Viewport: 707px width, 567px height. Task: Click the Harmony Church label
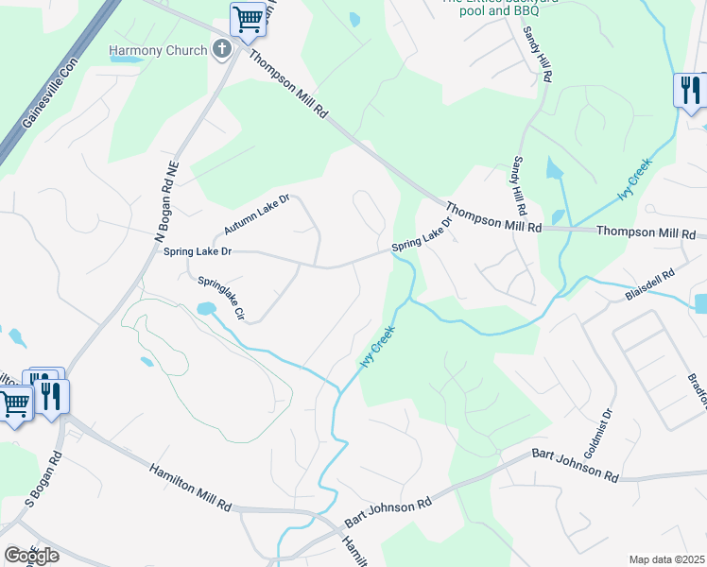[157, 50]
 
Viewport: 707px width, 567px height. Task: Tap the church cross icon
[222, 49]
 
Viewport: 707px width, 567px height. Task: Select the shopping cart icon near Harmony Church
[248, 18]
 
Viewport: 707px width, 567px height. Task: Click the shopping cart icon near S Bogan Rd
[14, 404]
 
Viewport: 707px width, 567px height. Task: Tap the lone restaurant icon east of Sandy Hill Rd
[689, 91]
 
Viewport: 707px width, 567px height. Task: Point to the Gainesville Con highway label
[48, 94]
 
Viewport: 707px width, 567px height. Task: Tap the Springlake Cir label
[221, 298]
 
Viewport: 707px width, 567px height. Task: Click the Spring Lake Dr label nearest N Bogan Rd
[198, 251]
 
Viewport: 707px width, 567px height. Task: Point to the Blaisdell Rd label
[650, 286]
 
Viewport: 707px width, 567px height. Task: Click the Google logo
[31, 556]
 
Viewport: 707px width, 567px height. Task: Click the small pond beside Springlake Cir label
[203, 309]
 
